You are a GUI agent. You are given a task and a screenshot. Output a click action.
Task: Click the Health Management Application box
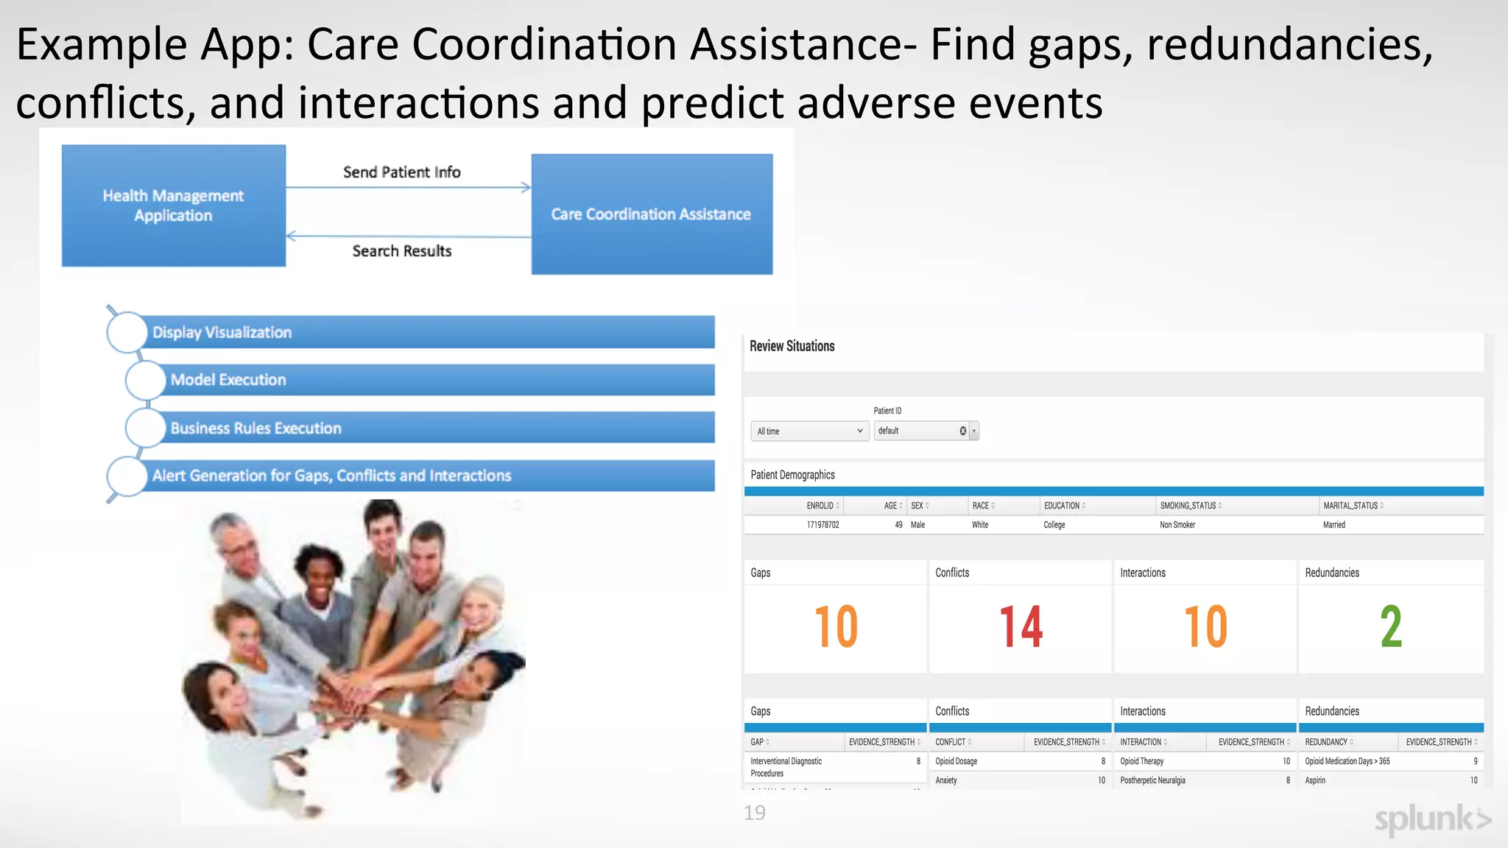pos(174,205)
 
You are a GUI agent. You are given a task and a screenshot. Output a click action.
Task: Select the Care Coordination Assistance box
pos(652,214)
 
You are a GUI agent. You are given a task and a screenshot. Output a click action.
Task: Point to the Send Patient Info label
pos(402,172)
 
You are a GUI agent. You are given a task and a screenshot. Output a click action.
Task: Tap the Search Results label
pos(402,251)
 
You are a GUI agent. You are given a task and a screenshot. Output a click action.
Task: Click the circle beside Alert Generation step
pos(127,476)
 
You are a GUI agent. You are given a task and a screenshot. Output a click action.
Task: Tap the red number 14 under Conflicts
pos(1021,627)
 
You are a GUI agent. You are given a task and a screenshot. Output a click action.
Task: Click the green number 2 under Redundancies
pos(1390,627)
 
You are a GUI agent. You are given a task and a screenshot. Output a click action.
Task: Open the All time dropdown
pos(809,431)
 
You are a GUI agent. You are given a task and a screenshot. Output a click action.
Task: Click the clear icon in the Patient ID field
pos(962,431)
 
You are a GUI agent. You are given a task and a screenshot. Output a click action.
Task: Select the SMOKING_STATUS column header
pos(1188,506)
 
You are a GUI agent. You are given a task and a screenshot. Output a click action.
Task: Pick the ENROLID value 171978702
pos(822,525)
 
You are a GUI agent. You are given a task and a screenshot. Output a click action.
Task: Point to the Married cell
pos(1334,525)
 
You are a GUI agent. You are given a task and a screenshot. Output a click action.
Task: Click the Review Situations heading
pos(792,346)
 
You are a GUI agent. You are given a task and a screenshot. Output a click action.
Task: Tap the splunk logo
pos(1432,819)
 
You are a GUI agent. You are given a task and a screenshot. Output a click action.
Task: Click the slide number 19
pos(755,813)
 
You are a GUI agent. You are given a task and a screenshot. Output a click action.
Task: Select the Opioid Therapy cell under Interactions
pos(1142,761)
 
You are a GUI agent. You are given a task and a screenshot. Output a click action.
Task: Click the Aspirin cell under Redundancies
pos(1315,780)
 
